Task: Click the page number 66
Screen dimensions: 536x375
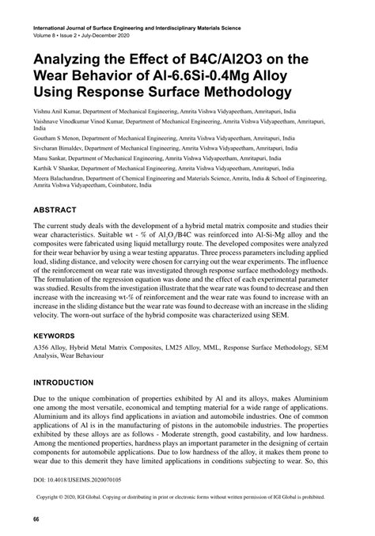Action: point(36,519)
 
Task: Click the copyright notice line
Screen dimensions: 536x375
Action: point(187,499)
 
